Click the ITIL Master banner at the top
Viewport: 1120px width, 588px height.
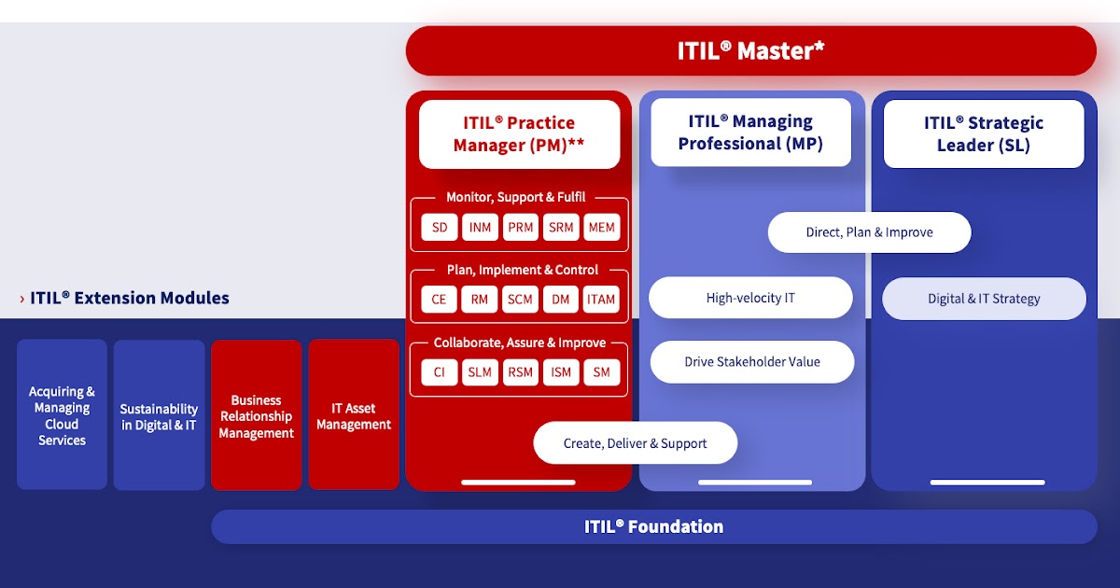point(750,50)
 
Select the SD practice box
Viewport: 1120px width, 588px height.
point(440,228)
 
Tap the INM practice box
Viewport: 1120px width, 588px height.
point(480,228)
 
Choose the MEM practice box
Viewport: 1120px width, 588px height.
point(601,228)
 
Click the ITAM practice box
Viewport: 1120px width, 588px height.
point(601,300)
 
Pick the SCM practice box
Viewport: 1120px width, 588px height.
point(520,300)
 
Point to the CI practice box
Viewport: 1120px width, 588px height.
point(440,372)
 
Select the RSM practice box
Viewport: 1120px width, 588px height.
point(520,372)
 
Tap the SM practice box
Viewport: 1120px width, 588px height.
point(601,372)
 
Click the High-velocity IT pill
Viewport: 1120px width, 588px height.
point(750,299)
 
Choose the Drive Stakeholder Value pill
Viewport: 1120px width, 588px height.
point(752,362)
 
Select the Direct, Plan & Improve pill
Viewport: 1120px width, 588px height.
point(869,232)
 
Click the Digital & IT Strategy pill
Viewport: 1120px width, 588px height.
point(984,299)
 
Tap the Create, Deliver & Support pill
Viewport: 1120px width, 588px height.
point(635,443)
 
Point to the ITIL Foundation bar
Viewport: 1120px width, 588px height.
point(653,526)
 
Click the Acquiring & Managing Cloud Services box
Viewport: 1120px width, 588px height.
point(62,415)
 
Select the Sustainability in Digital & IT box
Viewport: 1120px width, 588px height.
point(159,416)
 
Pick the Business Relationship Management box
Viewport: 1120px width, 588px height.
point(256,416)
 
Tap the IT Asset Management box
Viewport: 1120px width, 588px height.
point(354,416)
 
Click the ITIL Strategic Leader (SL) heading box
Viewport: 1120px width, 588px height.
point(984,133)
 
